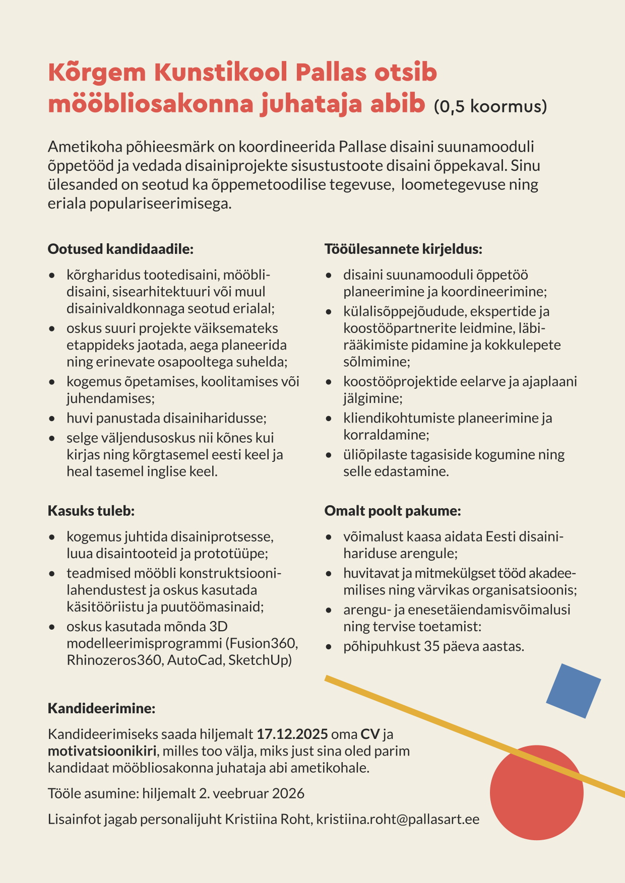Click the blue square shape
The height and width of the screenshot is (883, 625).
coord(574,691)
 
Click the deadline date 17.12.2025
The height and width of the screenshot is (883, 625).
coord(292,734)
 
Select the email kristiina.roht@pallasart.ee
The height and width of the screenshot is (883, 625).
coord(398,820)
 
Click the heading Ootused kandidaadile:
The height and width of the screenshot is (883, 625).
coord(120,249)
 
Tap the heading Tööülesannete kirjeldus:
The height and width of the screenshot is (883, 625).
coord(403,249)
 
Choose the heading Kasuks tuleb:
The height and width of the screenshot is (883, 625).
coord(91,511)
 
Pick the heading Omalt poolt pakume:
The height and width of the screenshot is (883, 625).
coord(393,511)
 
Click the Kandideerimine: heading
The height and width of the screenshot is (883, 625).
coord(101,708)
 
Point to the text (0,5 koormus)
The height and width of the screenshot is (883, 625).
coord(490,106)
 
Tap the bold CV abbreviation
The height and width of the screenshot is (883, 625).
coord(370,734)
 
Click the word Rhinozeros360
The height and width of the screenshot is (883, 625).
coord(114,660)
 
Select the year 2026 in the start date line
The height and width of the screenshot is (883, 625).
coord(288,794)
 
